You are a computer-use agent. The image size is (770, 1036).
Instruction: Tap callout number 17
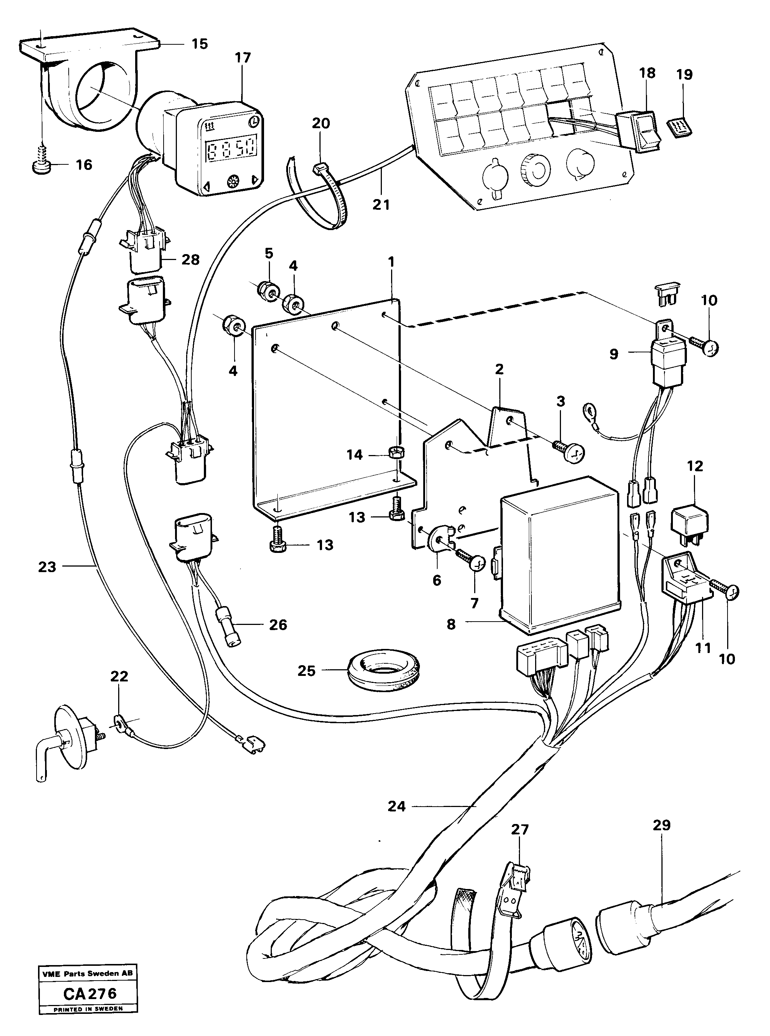click(x=243, y=58)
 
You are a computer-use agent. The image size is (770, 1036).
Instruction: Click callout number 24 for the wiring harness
click(x=397, y=806)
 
